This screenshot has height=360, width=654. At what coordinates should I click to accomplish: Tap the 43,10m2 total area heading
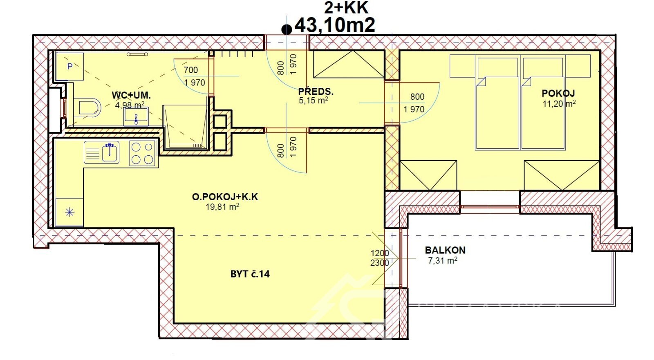coord(335,25)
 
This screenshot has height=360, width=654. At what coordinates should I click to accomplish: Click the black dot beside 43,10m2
coord(287,29)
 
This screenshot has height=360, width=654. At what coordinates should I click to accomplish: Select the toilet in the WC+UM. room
coord(87,107)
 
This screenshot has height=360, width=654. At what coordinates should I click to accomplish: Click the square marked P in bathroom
coord(70,66)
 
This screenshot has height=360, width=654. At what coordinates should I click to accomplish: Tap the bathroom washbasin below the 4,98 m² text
coord(136,117)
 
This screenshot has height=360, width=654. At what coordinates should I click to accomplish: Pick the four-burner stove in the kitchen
coord(143,153)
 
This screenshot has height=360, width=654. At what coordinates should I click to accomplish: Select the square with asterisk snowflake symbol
coord(70,212)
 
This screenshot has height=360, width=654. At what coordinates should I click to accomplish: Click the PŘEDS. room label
coord(316,91)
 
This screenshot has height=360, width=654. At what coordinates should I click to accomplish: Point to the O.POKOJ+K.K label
coord(225,197)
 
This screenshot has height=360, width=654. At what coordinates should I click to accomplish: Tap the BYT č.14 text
coord(250,274)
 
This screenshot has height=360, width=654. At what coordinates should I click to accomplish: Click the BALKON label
coord(445,250)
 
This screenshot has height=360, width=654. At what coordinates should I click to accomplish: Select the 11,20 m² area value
coord(559,104)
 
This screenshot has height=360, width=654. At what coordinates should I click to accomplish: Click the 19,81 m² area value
coord(222,207)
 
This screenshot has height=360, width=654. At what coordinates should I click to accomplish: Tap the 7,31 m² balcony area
coord(442,260)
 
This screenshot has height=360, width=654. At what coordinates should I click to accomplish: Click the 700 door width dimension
coord(191,70)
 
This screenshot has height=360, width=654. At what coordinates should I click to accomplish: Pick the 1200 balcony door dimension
coord(379,253)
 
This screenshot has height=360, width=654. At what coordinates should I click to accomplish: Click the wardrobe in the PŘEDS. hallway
coord(348,64)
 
